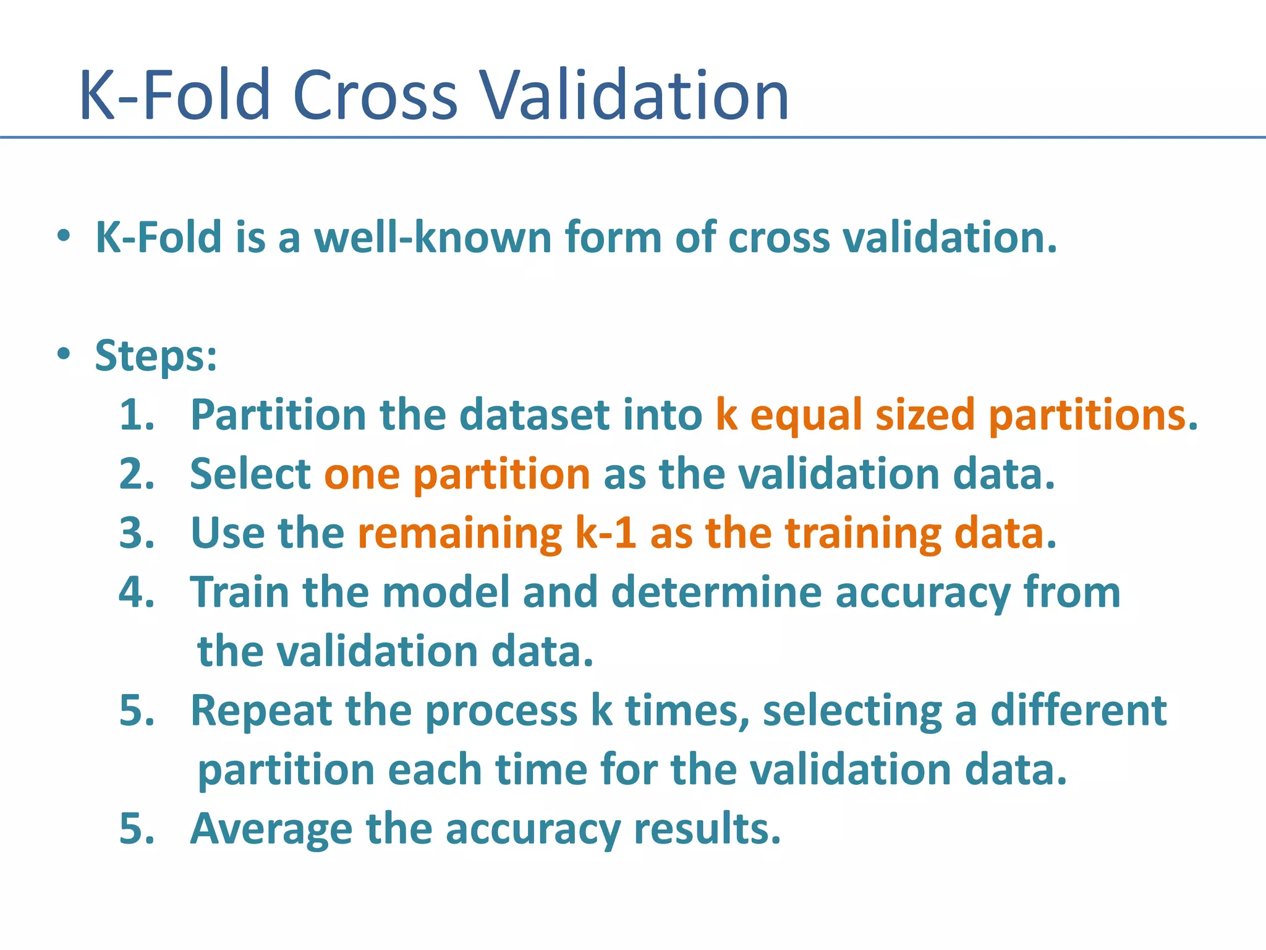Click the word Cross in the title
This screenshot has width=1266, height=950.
(375, 96)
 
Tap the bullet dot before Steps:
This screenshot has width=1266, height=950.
(64, 354)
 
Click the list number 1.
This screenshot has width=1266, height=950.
(137, 415)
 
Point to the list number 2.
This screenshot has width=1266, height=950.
(137, 474)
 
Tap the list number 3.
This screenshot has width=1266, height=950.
(137, 533)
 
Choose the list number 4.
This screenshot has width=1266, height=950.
(137, 593)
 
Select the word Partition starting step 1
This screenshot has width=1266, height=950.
(278, 415)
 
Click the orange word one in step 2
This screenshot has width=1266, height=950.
(362, 475)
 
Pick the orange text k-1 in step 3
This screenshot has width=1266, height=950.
(605, 533)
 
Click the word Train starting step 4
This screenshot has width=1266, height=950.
(239, 593)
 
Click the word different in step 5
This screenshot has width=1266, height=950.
(1079, 710)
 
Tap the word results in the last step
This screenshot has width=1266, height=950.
(707, 829)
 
